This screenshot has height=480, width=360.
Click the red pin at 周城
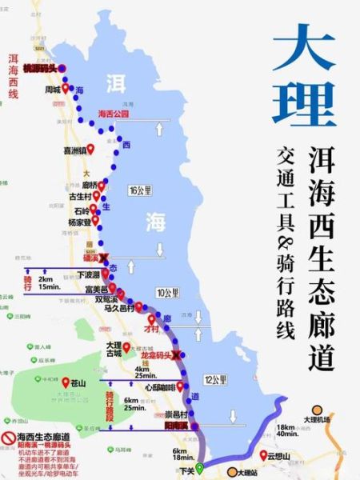point(66,87)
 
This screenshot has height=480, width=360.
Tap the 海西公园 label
point(113,114)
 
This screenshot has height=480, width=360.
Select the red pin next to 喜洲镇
point(91,150)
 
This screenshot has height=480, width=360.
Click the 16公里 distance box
point(139,190)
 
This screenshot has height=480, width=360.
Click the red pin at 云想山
point(264,454)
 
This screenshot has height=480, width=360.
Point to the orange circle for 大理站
point(232,472)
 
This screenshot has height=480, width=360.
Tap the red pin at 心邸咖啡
point(180,386)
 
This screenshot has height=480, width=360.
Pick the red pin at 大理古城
point(126,346)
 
